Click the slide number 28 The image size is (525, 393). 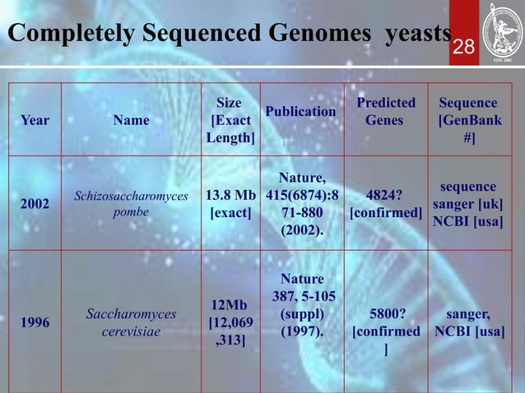click(x=465, y=47)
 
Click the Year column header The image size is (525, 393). click(x=35, y=120)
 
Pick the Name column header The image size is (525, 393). click(x=131, y=120)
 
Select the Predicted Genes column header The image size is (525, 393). click(x=385, y=112)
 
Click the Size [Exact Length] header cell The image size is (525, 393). click(x=230, y=120)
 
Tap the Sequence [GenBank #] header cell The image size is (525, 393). click(x=468, y=120)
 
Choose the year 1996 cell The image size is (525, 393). click(x=35, y=323)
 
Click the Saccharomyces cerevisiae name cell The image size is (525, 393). click(x=131, y=323)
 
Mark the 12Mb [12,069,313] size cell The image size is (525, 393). click(x=230, y=323)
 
